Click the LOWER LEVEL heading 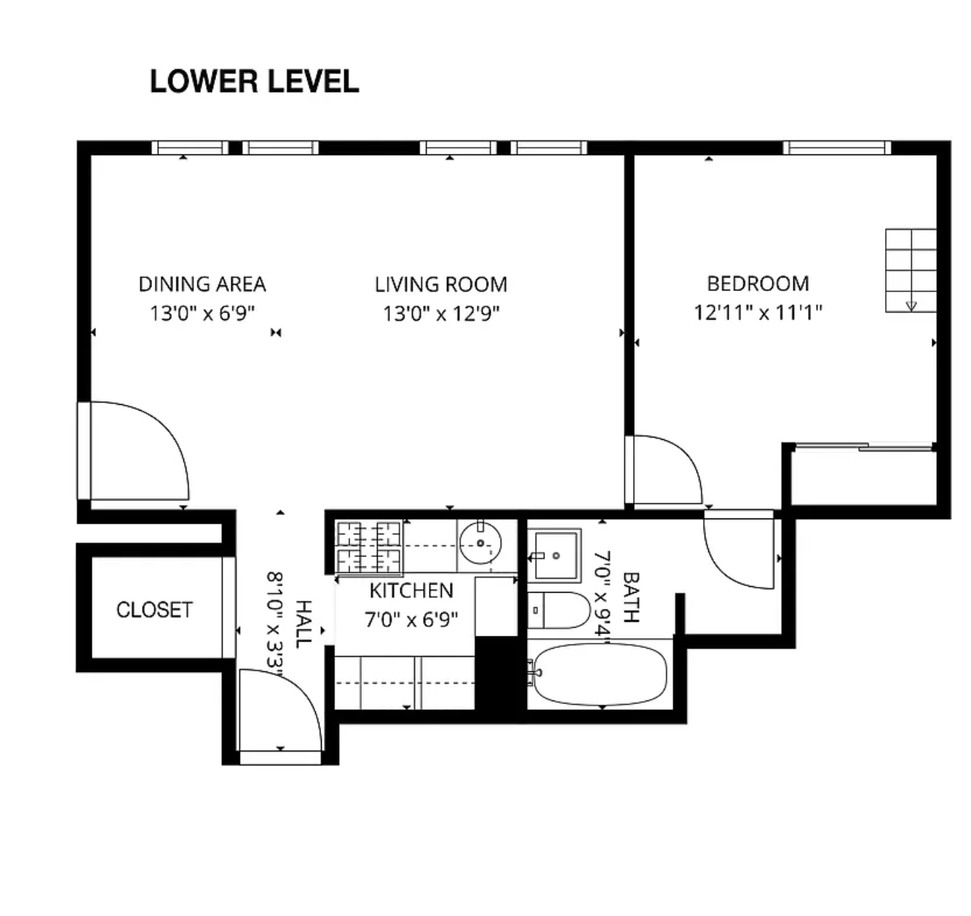click(254, 82)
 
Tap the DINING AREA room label click(202, 284)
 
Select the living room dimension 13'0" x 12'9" click(441, 314)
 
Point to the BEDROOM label click(758, 284)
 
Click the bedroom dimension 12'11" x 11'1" click(758, 312)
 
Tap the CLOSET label click(154, 609)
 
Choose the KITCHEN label click(411, 591)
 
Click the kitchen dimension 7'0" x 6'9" click(411, 620)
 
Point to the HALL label click(304, 624)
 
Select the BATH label click(630, 598)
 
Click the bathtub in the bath click(601, 675)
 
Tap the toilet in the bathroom click(559, 610)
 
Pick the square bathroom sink click(555, 556)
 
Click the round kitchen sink click(480, 542)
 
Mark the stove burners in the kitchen click(368, 547)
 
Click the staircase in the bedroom click(911, 270)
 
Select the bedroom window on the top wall click(837, 148)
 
